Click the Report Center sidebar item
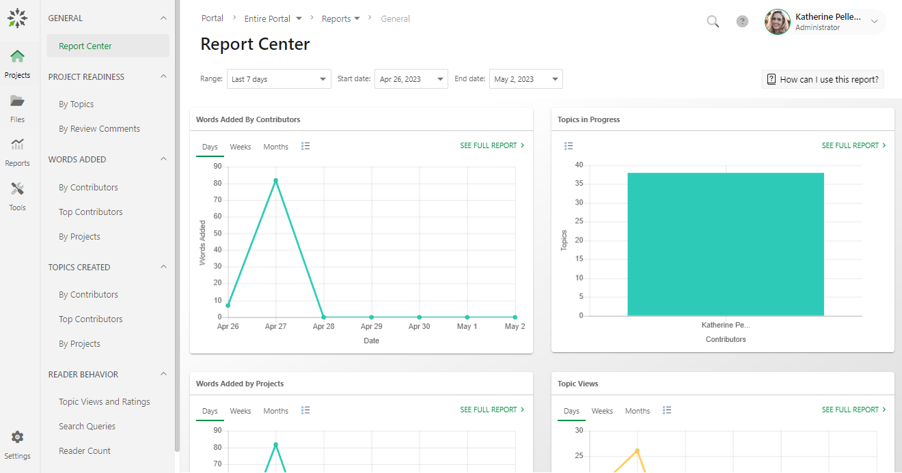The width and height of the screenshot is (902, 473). pyautogui.click(x=85, y=46)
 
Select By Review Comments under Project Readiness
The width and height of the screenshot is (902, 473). pyautogui.click(x=99, y=129)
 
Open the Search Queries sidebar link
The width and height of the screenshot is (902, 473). pyautogui.click(x=87, y=427)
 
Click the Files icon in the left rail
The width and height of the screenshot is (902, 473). pyautogui.click(x=17, y=102)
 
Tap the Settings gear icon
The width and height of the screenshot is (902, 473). pyautogui.click(x=17, y=438)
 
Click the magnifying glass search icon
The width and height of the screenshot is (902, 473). pyautogui.click(x=713, y=22)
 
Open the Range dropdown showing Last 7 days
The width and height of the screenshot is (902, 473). pyautogui.click(x=279, y=79)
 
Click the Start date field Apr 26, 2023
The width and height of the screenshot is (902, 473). pyautogui.click(x=411, y=79)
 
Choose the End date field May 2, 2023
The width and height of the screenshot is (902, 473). pyautogui.click(x=525, y=79)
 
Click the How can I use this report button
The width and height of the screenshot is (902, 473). pyautogui.click(x=823, y=79)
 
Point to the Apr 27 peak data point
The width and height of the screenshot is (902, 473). pyautogui.click(x=275, y=181)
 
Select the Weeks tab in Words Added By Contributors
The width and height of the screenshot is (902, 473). pyautogui.click(x=241, y=147)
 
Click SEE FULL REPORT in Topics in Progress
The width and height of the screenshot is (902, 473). pyautogui.click(x=853, y=145)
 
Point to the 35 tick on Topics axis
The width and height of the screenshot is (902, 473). pyautogui.click(x=579, y=184)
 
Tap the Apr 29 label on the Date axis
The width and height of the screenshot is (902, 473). pyautogui.click(x=371, y=326)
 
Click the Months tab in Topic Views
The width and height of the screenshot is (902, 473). pyautogui.click(x=638, y=411)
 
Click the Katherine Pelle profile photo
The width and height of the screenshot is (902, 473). pyautogui.click(x=778, y=22)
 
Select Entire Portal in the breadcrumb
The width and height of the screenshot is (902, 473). pyautogui.click(x=273, y=19)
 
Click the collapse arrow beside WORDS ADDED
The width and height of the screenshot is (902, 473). pyautogui.click(x=163, y=159)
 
